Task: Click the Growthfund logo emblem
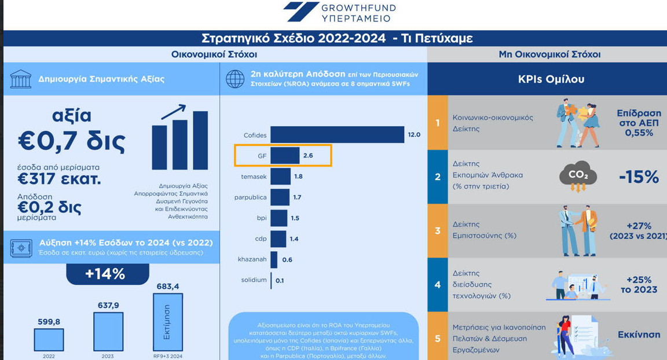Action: point(300,12)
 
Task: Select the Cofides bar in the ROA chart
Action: point(337,135)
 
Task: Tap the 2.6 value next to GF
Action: point(308,156)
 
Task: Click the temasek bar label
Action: point(254,177)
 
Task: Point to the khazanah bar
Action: point(274,259)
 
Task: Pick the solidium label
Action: point(254,280)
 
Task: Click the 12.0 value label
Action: point(414,135)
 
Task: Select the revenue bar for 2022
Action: point(49,339)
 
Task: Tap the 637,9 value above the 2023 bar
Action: point(108,305)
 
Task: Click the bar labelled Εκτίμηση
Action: point(167,322)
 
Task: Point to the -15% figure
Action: point(639,177)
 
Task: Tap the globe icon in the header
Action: point(235,79)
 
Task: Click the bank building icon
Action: point(21,79)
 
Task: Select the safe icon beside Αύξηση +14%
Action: point(21,248)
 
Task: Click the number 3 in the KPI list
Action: point(438,230)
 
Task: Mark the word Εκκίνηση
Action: point(639,335)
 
